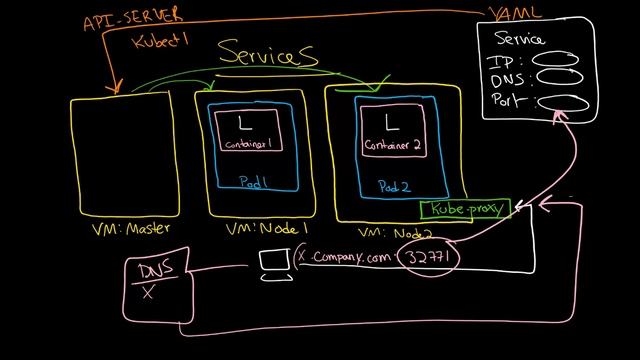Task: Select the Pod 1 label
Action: click(x=254, y=181)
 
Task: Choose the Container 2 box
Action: click(x=391, y=130)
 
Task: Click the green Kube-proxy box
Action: click(x=464, y=210)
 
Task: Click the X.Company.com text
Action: click(x=347, y=257)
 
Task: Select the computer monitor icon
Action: click(x=273, y=263)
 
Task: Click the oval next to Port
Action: click(x=561, y=102)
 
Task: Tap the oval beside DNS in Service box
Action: click(x=556, y=80)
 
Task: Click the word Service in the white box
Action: click(x=520, y=39)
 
